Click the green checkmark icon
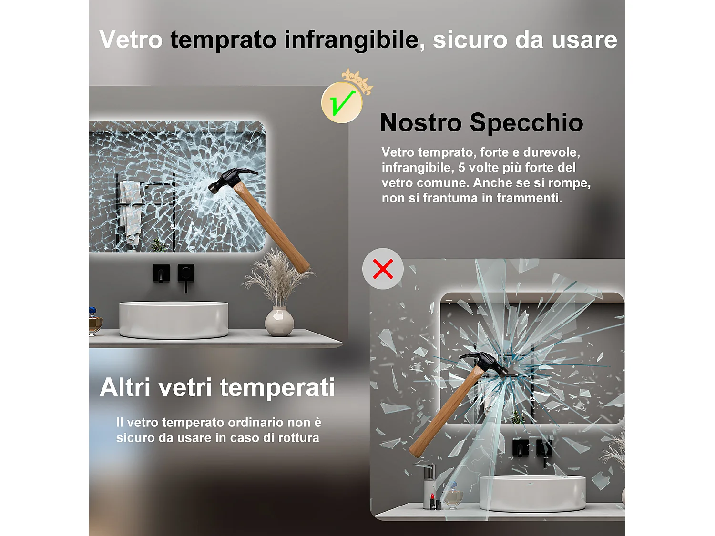point(342,103)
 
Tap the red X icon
point(383,269)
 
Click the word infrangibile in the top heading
point(351,40)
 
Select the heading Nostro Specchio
point(481,122)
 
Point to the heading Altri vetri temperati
point(217,387)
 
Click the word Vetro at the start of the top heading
point(131,40)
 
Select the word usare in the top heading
point(584,40)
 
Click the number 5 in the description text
point(461,168)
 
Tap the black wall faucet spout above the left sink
point(161,274)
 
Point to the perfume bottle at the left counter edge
point(95,322)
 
